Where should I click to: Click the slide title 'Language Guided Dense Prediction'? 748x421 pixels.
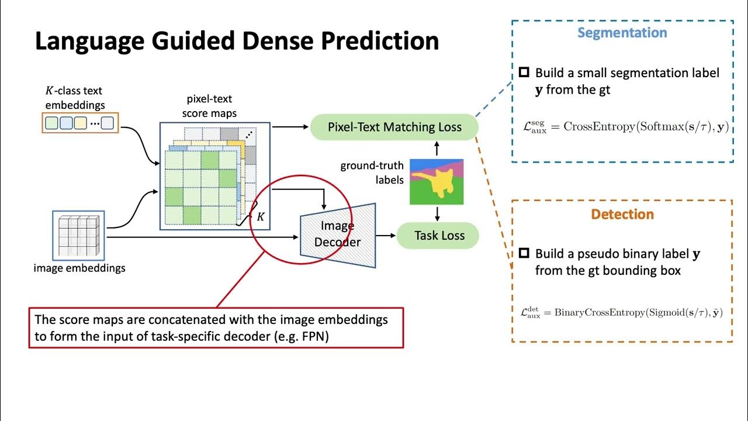(x=237, y=42)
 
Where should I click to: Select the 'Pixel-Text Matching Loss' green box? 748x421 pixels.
(x=394, y=127)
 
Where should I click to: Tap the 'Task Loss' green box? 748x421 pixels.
(x=439, y=236)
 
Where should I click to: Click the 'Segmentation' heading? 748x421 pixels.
(x=622, y=33)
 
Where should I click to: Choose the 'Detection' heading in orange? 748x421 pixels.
(x=622, y=214)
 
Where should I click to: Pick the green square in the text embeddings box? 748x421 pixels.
(x=52, y=123)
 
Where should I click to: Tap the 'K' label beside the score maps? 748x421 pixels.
(x=261, y=217)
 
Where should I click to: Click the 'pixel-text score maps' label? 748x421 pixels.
(x=209, y=106)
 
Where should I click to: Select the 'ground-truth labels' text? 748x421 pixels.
(x=372, y=172)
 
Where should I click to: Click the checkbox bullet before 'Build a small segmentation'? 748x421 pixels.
(x=524, y=73)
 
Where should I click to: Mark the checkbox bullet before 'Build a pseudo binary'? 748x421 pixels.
(x=524, y=254)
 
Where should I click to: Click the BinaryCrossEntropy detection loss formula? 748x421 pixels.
(x=621, y=313)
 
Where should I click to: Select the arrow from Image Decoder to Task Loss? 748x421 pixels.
(x=386, y=236)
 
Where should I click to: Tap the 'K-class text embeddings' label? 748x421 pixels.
(x=75, y=98)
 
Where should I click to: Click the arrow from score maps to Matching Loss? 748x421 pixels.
(x=289, y=126)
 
